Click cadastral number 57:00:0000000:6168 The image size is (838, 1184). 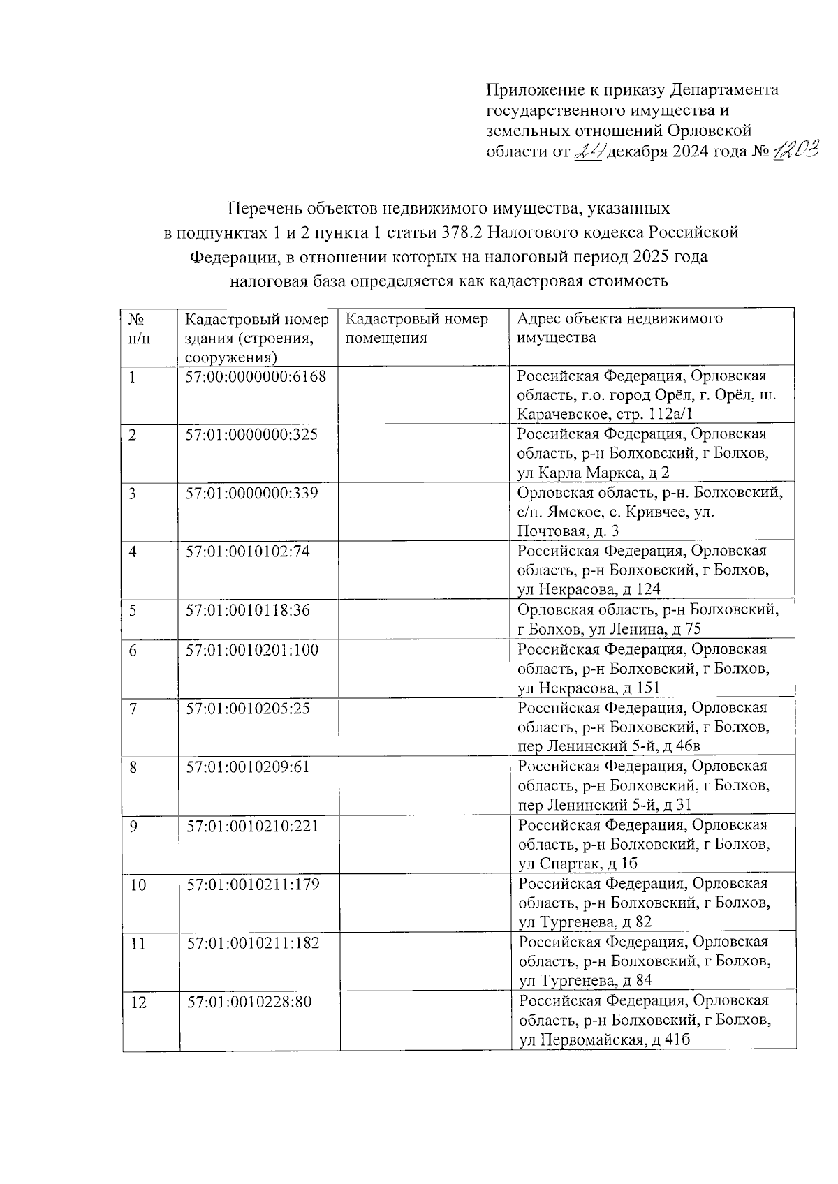[256, 376]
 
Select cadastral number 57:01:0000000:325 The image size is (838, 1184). [251, 435]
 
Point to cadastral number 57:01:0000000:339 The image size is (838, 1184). [251, 494]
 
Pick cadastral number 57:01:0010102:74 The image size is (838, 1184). [247, 552]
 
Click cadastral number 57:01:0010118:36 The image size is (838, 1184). [247, 611]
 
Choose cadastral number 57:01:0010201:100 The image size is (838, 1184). [251, 651]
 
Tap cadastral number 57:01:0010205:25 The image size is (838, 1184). [247, 709]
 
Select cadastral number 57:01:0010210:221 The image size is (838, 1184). [253, 827]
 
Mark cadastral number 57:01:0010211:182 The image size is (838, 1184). [253, 944]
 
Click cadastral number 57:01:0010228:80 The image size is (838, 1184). [249, 1002]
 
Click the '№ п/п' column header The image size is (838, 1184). [138, 329]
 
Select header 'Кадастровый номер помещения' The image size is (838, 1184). [417, 329]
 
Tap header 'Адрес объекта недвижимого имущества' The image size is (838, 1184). [619, 329]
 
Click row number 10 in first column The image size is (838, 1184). [138, 885]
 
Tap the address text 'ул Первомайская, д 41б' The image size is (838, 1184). [605, 1040]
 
